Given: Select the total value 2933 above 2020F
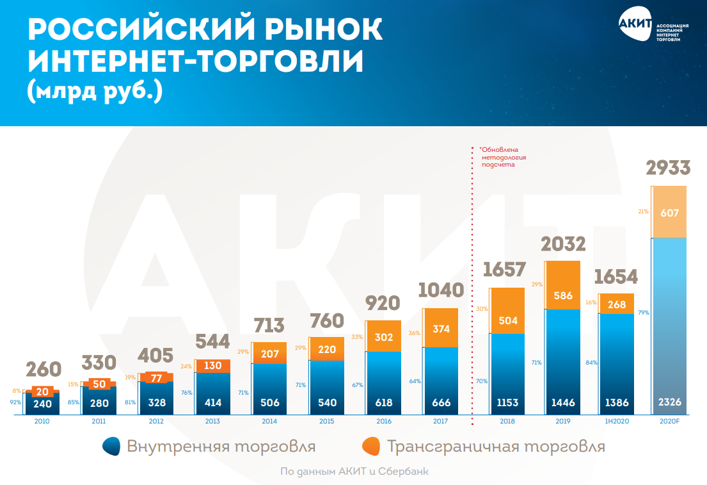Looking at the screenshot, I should click(x=668, y=169).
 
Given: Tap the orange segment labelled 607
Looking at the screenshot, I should click(x=669, y=213).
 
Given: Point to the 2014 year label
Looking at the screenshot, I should click(x=269, y=422).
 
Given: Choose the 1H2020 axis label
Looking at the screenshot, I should click(x=616, y=422).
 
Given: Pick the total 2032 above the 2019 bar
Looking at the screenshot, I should click(x=562, y=244).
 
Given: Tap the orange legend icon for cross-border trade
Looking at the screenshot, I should click(x=370, y=446).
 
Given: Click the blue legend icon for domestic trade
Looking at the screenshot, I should click(x=113, y=446).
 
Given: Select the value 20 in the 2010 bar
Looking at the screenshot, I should click(x=42, y=392).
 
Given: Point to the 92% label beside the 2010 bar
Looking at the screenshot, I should click(x=16, y=403).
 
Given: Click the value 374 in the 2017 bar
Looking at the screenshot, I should click(x=441, y=329).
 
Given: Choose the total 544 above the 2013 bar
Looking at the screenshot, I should click(x=212, y=342).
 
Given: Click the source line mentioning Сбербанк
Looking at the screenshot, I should click(x=354, y=472).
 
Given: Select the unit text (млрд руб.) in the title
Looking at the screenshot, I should click(x=95, y=91).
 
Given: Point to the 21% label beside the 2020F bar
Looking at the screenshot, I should click(x=644, y=211).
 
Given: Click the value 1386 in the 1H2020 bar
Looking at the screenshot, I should click(x=616, y=403).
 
